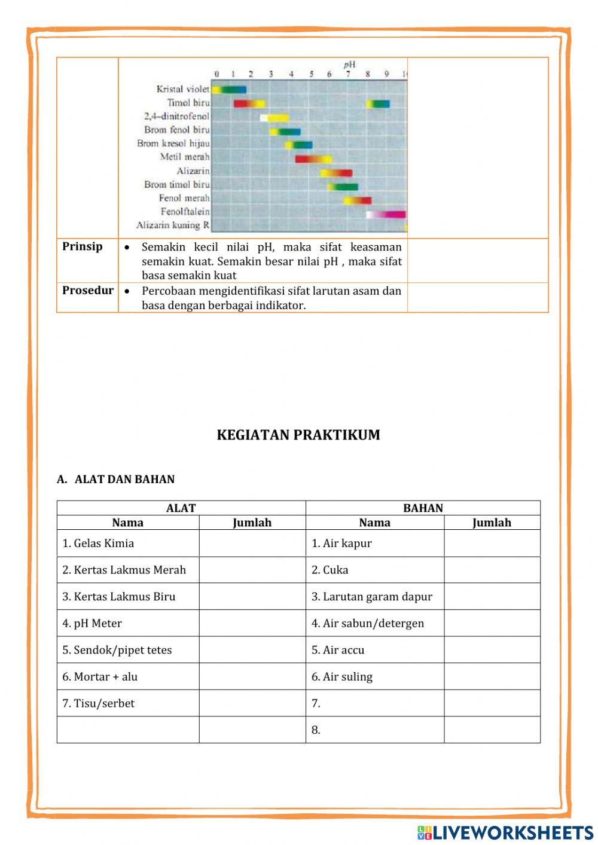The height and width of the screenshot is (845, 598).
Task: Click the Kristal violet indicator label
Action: click(183, 89)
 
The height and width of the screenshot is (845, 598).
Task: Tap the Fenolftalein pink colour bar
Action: click(386, 214)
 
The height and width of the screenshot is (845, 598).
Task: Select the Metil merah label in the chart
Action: click(185, 157)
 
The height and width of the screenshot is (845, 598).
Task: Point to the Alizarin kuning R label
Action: click(173, 225)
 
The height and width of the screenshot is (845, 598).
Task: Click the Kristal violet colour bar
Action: click(229, 90)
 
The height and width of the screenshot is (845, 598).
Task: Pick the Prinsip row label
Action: click(83, 246)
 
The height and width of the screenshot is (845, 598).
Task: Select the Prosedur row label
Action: click(87, 291)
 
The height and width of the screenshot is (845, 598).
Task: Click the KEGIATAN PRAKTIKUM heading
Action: click(298, 435)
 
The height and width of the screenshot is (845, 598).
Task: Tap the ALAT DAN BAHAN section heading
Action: click(116, 479)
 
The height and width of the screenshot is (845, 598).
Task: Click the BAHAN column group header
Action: click(423, 508)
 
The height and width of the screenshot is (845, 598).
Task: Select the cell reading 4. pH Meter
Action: click(92, 623)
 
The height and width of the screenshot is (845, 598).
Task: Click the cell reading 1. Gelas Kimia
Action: click(98, 543)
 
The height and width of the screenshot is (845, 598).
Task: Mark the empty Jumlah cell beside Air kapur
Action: click(492, 543)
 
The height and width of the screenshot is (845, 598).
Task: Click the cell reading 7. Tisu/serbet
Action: click(99, 703)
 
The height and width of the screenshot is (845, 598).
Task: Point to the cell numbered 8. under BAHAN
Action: click(316, 730)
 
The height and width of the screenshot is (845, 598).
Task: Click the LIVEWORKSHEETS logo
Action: click(505, 832)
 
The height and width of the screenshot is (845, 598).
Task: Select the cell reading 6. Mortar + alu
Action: click(100, 676)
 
